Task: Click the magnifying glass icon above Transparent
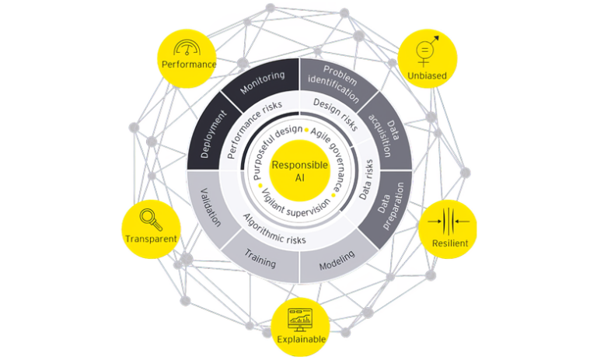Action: tap(148, 218)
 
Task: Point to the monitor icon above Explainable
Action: tap(299, 317)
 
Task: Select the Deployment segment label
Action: tap(211, 134)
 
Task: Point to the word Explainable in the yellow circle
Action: tap(299, 339)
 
